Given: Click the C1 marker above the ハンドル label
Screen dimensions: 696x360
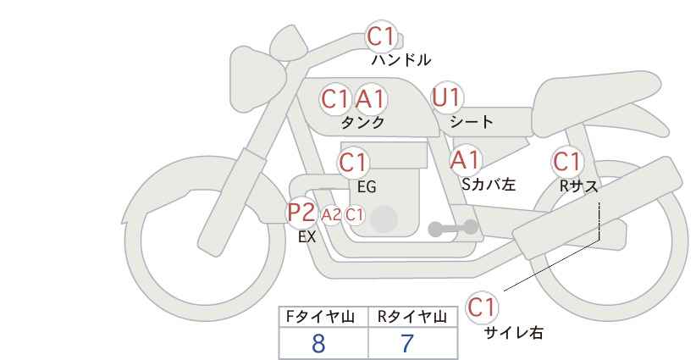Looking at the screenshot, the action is coord(381,36).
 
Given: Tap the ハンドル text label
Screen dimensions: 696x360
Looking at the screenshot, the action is coord(400,60).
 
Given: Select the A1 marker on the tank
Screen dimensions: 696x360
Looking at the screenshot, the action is coord(370,98).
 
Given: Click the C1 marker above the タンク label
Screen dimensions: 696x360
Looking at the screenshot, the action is coord(335,98).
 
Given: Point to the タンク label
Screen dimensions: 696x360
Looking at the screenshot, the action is coord(362,122).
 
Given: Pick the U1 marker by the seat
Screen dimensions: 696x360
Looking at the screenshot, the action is coord(447,97).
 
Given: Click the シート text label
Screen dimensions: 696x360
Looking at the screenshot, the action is coord(472,121).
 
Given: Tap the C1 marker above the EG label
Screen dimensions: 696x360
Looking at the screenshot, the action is coord(353,163).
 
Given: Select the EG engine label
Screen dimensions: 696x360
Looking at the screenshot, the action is coord(367,187).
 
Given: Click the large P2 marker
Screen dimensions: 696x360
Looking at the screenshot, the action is coord(301,212).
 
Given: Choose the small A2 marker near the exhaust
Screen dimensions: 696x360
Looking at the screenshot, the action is coord(331,215).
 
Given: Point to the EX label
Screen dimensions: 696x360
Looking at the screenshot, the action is coord(307,237).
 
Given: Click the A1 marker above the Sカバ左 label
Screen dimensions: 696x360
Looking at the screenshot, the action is coord(465,160).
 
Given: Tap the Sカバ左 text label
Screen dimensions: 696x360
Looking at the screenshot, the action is coord(489,184).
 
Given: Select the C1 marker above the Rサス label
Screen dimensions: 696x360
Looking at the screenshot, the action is coord(567,162).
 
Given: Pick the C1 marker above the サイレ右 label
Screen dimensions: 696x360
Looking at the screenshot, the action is coord(482,307).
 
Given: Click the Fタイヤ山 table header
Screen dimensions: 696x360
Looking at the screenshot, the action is coord(320,317).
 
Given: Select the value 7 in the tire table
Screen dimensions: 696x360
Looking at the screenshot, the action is coord(407,343).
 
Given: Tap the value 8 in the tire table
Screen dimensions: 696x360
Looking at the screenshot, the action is coord(318,343).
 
